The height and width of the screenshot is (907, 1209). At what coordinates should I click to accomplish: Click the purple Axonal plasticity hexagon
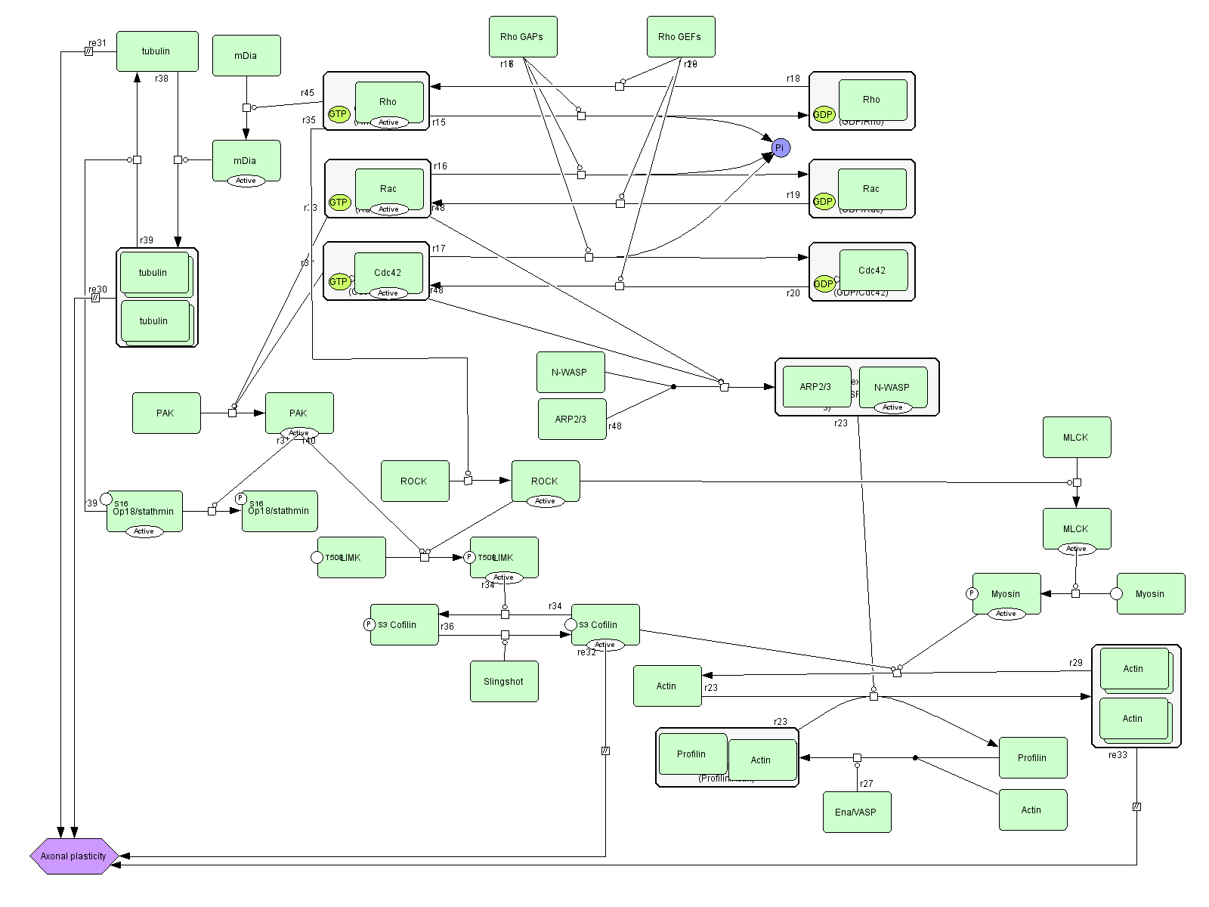[x=73, y=856]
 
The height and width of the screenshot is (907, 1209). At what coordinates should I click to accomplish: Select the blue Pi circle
[x=781, y=148]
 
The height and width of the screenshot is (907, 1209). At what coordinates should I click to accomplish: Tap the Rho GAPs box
[x=522, y=36]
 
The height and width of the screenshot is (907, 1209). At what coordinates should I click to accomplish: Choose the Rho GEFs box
[x=680, y=36]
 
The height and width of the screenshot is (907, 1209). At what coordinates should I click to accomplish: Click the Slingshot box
[x=504, y=681]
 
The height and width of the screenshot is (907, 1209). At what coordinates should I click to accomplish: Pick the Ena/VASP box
[x=856, y=812]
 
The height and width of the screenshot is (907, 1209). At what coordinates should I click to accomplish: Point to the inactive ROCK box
[x=414, y=481]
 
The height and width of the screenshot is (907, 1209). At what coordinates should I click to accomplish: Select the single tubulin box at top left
[x=156, y=51]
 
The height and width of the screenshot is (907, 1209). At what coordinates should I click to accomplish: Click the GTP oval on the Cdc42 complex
[x=339, y=281]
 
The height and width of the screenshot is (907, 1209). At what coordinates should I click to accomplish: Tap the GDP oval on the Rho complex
[x=823, y=115]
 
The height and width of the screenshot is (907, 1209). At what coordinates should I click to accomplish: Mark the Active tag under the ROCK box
[x=545, y=501]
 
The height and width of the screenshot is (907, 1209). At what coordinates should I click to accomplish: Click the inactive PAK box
[x=165, y=413]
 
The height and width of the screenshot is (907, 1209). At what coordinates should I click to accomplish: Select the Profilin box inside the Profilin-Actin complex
[x=691, y=754]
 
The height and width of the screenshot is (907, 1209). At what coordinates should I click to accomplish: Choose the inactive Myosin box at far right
[x=1150, y=593]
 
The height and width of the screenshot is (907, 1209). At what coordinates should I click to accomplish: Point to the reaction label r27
[x=866, y=784]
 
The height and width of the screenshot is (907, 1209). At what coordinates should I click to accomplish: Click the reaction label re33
[x=1118, y=754]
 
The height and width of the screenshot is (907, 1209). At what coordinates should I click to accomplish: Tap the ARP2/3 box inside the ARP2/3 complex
[x=815, y=386]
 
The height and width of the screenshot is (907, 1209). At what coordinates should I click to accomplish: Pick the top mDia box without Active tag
[x=246, y=55]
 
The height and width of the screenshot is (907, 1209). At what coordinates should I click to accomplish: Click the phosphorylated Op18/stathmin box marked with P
[x=280, y=511]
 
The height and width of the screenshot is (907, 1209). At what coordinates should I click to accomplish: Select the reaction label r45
[x=307, y=93]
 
